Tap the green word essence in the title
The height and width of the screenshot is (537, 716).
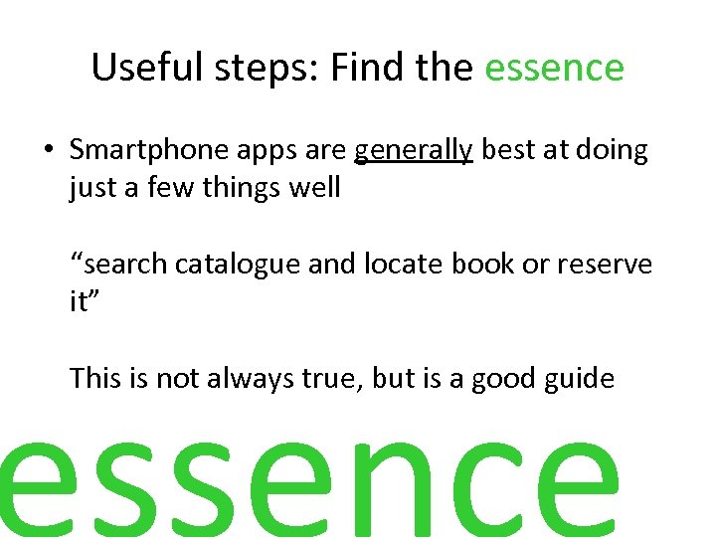pos(554,68)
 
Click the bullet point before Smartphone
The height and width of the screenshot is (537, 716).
pos(48,151)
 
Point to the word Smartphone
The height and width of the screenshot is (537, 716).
pos(149,151)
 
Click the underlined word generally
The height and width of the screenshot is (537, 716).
pos(414,151)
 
